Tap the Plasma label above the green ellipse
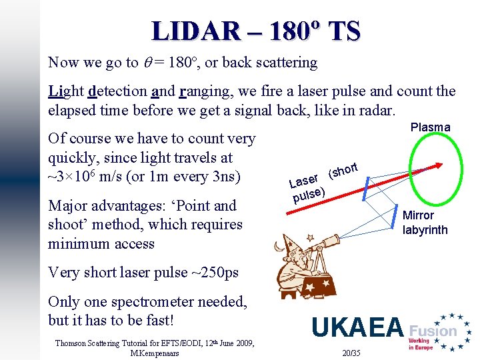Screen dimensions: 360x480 [x=430, y=127]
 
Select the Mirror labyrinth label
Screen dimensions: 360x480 [x=425, y=223]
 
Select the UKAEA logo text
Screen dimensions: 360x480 [x=357, y=327]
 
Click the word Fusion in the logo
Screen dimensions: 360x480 [x=433, y=330]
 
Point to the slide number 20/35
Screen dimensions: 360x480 [x=350, y=352]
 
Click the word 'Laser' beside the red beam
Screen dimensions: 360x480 [x=303, y=181]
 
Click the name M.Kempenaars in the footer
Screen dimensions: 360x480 [x=155, y=353]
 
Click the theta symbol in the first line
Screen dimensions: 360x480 [x=148, y=63]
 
